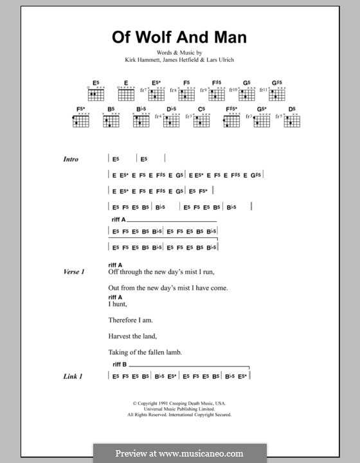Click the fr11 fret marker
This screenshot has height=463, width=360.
(265, 91)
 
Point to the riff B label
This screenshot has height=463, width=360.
(120, 364)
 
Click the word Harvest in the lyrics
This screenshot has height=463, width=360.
(123, 336)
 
